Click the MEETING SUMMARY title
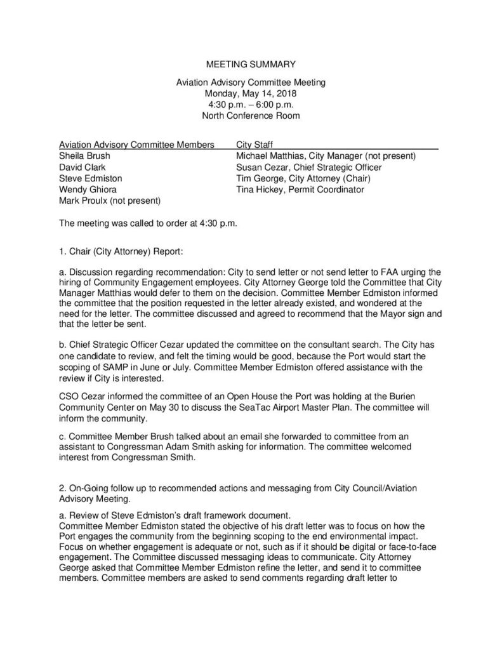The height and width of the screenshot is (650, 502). (x=251, y=64)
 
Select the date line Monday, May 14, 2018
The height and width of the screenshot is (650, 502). (x=251, y=93)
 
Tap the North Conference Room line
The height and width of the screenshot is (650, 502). (x=251, y=116)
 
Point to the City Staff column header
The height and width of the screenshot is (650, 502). (x=254, y=144)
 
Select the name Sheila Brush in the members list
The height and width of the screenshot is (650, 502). (x=83, y=156)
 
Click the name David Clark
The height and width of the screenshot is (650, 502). (x=79, y=167)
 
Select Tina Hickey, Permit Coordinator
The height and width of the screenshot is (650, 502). (x=300, y=190)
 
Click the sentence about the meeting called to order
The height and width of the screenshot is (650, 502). (x=148, y=223)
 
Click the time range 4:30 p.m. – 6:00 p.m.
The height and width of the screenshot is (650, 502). (x=251, y=105)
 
